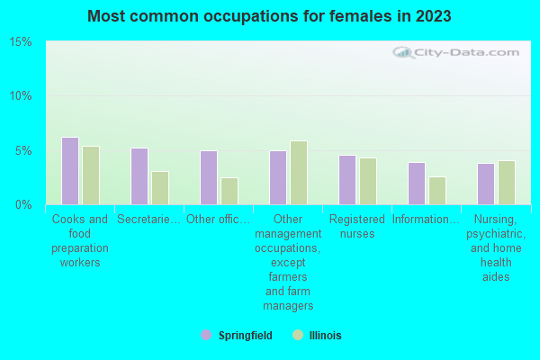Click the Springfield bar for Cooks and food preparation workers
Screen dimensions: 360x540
(x=70, y=171)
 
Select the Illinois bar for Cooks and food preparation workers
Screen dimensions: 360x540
(x=91, y=175)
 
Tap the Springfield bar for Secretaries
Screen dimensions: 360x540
(x=139, y=176)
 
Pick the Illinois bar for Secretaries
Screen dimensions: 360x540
(x=160, y=188)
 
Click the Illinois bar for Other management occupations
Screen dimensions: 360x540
(x=299, y=173)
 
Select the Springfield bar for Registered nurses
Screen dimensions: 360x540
(x=347, y=180)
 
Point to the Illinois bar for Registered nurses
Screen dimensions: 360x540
(x=368, y=181)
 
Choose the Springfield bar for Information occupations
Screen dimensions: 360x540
(x=417, y=184)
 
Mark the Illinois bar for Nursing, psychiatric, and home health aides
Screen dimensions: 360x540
(x=507, y=183)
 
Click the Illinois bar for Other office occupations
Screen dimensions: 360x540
(x=229, y=191)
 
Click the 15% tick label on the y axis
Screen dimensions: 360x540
(x=21, y=42)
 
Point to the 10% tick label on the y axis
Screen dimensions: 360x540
(x=21, y=96)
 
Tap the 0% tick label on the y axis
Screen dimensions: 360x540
(x=23, y=204)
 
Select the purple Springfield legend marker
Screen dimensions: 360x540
(x=206, y=335)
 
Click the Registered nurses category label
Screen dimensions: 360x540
(x=357, y=226)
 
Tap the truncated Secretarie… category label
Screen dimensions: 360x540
(x=149, y=219)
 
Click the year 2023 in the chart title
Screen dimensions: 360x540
(x=431, y=16)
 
